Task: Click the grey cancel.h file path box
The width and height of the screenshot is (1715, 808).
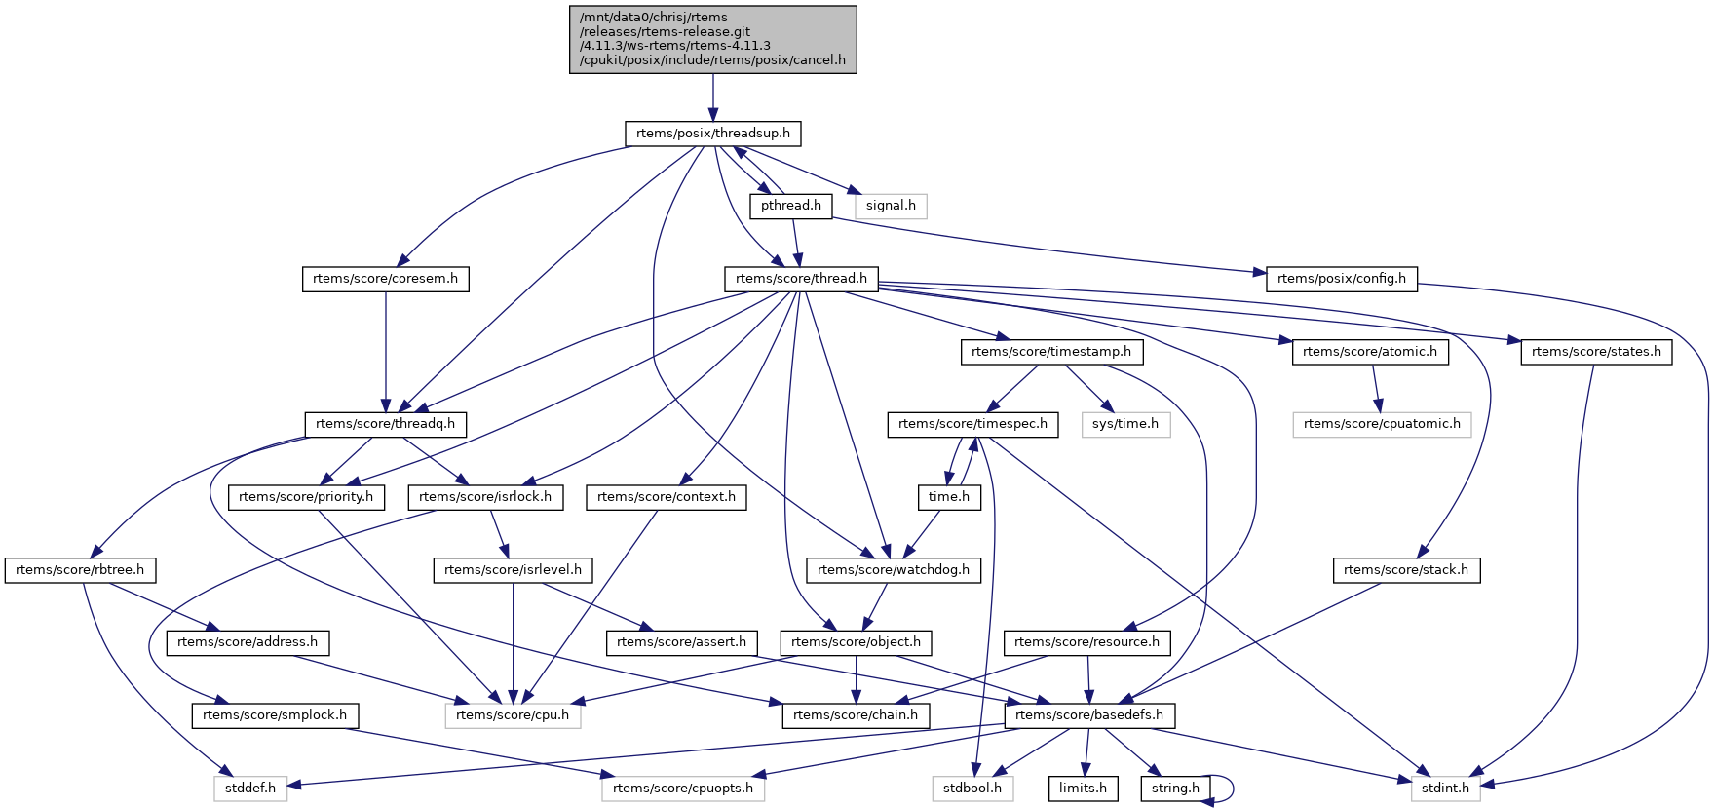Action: point(712,39)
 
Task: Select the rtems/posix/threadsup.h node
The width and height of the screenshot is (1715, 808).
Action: point(712,134)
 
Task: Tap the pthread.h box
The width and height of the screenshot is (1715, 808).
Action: point(790,206)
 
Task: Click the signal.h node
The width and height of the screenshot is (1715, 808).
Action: point(891,206)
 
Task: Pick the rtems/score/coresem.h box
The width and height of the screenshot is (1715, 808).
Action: point(385,279)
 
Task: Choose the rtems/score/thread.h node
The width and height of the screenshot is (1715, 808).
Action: point(801,279)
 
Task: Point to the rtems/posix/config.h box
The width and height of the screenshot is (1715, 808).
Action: point(1341,279)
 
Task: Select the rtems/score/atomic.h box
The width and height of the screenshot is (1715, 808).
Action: point(1369,352)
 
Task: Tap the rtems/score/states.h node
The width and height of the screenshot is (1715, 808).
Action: point(1595,352)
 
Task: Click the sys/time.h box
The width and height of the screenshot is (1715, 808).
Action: point(1124,424)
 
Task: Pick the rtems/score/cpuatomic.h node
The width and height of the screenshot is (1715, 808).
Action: point(1381,424)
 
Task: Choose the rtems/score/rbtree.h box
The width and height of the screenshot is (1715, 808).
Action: point(80,570)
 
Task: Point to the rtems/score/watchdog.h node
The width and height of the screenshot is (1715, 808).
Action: point(893,570)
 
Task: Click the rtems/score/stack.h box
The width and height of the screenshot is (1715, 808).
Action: point(1405,570)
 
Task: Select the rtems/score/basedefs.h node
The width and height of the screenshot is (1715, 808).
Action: point(1088,715)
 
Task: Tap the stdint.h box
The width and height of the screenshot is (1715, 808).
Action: point(1444,789)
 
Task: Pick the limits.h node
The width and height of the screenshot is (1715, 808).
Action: point(1083,789)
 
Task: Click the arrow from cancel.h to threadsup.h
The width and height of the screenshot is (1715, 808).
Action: point(712,97)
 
